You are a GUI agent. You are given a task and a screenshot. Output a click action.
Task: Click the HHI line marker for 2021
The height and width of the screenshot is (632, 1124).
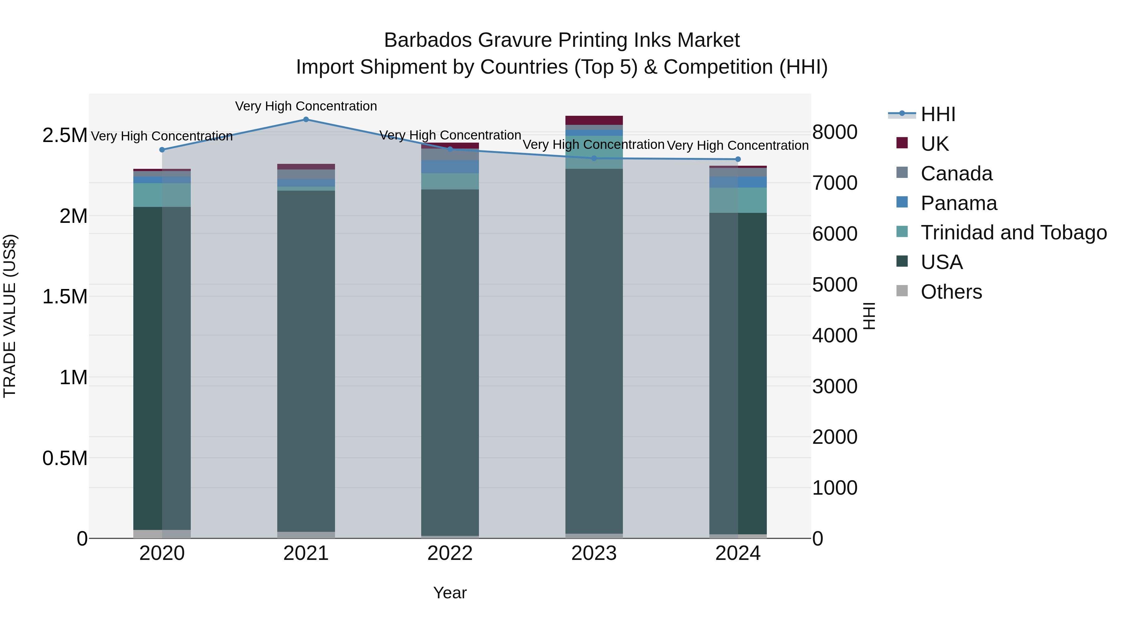tap(306, 120)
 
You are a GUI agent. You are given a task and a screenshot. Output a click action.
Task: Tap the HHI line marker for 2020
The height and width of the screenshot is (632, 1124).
tap(162, 149)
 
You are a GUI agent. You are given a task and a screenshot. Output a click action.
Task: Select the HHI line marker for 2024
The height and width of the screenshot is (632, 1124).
tap(738, 159)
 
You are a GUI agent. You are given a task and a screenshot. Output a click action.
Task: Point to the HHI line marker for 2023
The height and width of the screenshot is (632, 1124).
tap(594, 158)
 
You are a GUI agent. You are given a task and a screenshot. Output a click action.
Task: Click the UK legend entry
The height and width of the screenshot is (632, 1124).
tap(934, 144)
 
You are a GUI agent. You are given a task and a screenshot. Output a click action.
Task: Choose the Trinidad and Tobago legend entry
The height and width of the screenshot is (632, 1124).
tap(1013, 233)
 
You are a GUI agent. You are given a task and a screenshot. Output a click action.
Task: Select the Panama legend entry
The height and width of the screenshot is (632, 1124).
tap(959, 203)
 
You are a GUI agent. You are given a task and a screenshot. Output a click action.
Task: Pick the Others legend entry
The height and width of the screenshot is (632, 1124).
tap(951, 292)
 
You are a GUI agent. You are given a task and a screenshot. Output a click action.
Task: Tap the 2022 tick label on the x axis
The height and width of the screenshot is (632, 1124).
tap(450, 553)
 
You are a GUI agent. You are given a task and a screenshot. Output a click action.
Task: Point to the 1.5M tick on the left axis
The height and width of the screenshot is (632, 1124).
tap(65, 296)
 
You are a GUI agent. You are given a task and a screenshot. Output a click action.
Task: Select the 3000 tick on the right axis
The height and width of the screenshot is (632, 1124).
tap(835, 386)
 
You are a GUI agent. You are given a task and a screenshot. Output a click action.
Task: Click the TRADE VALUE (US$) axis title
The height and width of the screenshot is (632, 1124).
tap(10, 316)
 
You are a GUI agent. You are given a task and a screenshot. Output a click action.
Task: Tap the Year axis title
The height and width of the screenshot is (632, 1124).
tap(450, 593)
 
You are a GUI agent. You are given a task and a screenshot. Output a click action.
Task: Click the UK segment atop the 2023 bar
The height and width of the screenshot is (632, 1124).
tap(594, 120)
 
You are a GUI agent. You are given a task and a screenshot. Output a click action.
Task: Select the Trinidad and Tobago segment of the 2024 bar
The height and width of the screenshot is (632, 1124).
tap(738, 200)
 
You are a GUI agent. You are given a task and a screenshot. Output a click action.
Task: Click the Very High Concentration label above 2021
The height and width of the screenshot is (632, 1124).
tap(306, 106)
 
